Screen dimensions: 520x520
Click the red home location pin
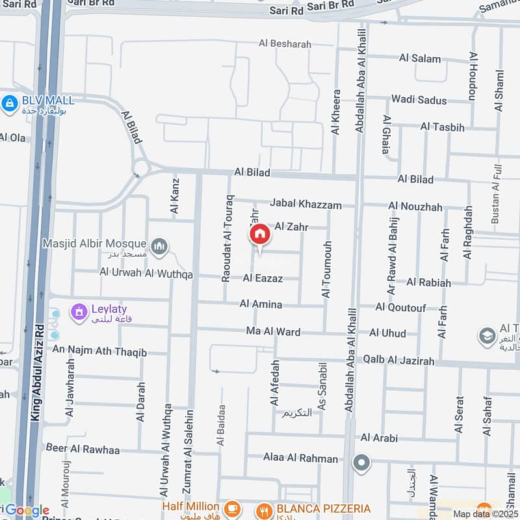[259, 235]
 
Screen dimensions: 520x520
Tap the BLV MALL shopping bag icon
[9, 103]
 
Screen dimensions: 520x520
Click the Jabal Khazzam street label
[306, 204]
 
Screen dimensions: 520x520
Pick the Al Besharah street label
[285, 44]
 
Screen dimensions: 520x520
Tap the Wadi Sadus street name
[419, 100]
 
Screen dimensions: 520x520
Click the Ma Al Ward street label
[273, 331]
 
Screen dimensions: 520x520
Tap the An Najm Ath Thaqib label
[100, 352]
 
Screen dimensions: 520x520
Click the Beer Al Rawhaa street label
[83, 448]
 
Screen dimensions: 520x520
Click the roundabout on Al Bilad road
[140, 168]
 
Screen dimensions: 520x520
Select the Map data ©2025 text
[485, 513]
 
